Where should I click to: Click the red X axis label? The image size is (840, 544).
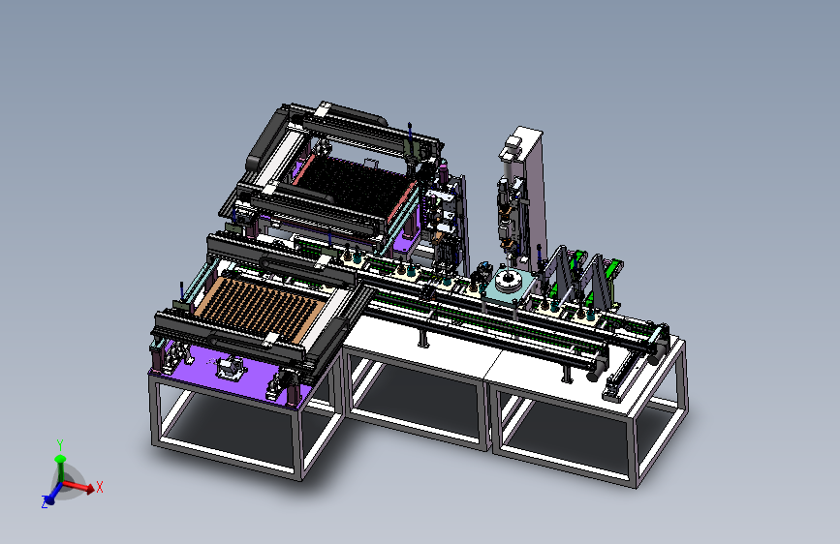tap(99, 487)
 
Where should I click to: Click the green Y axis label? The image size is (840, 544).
tap(60, 445)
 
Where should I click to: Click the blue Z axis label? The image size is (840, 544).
tap(45, 502)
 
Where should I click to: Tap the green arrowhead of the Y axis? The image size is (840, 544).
tap(60, 459)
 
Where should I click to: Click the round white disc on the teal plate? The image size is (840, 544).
tap(507, 280)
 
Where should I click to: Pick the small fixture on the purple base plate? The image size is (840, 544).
tap(231, 367)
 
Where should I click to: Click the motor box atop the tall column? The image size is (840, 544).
tap(512, 147)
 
